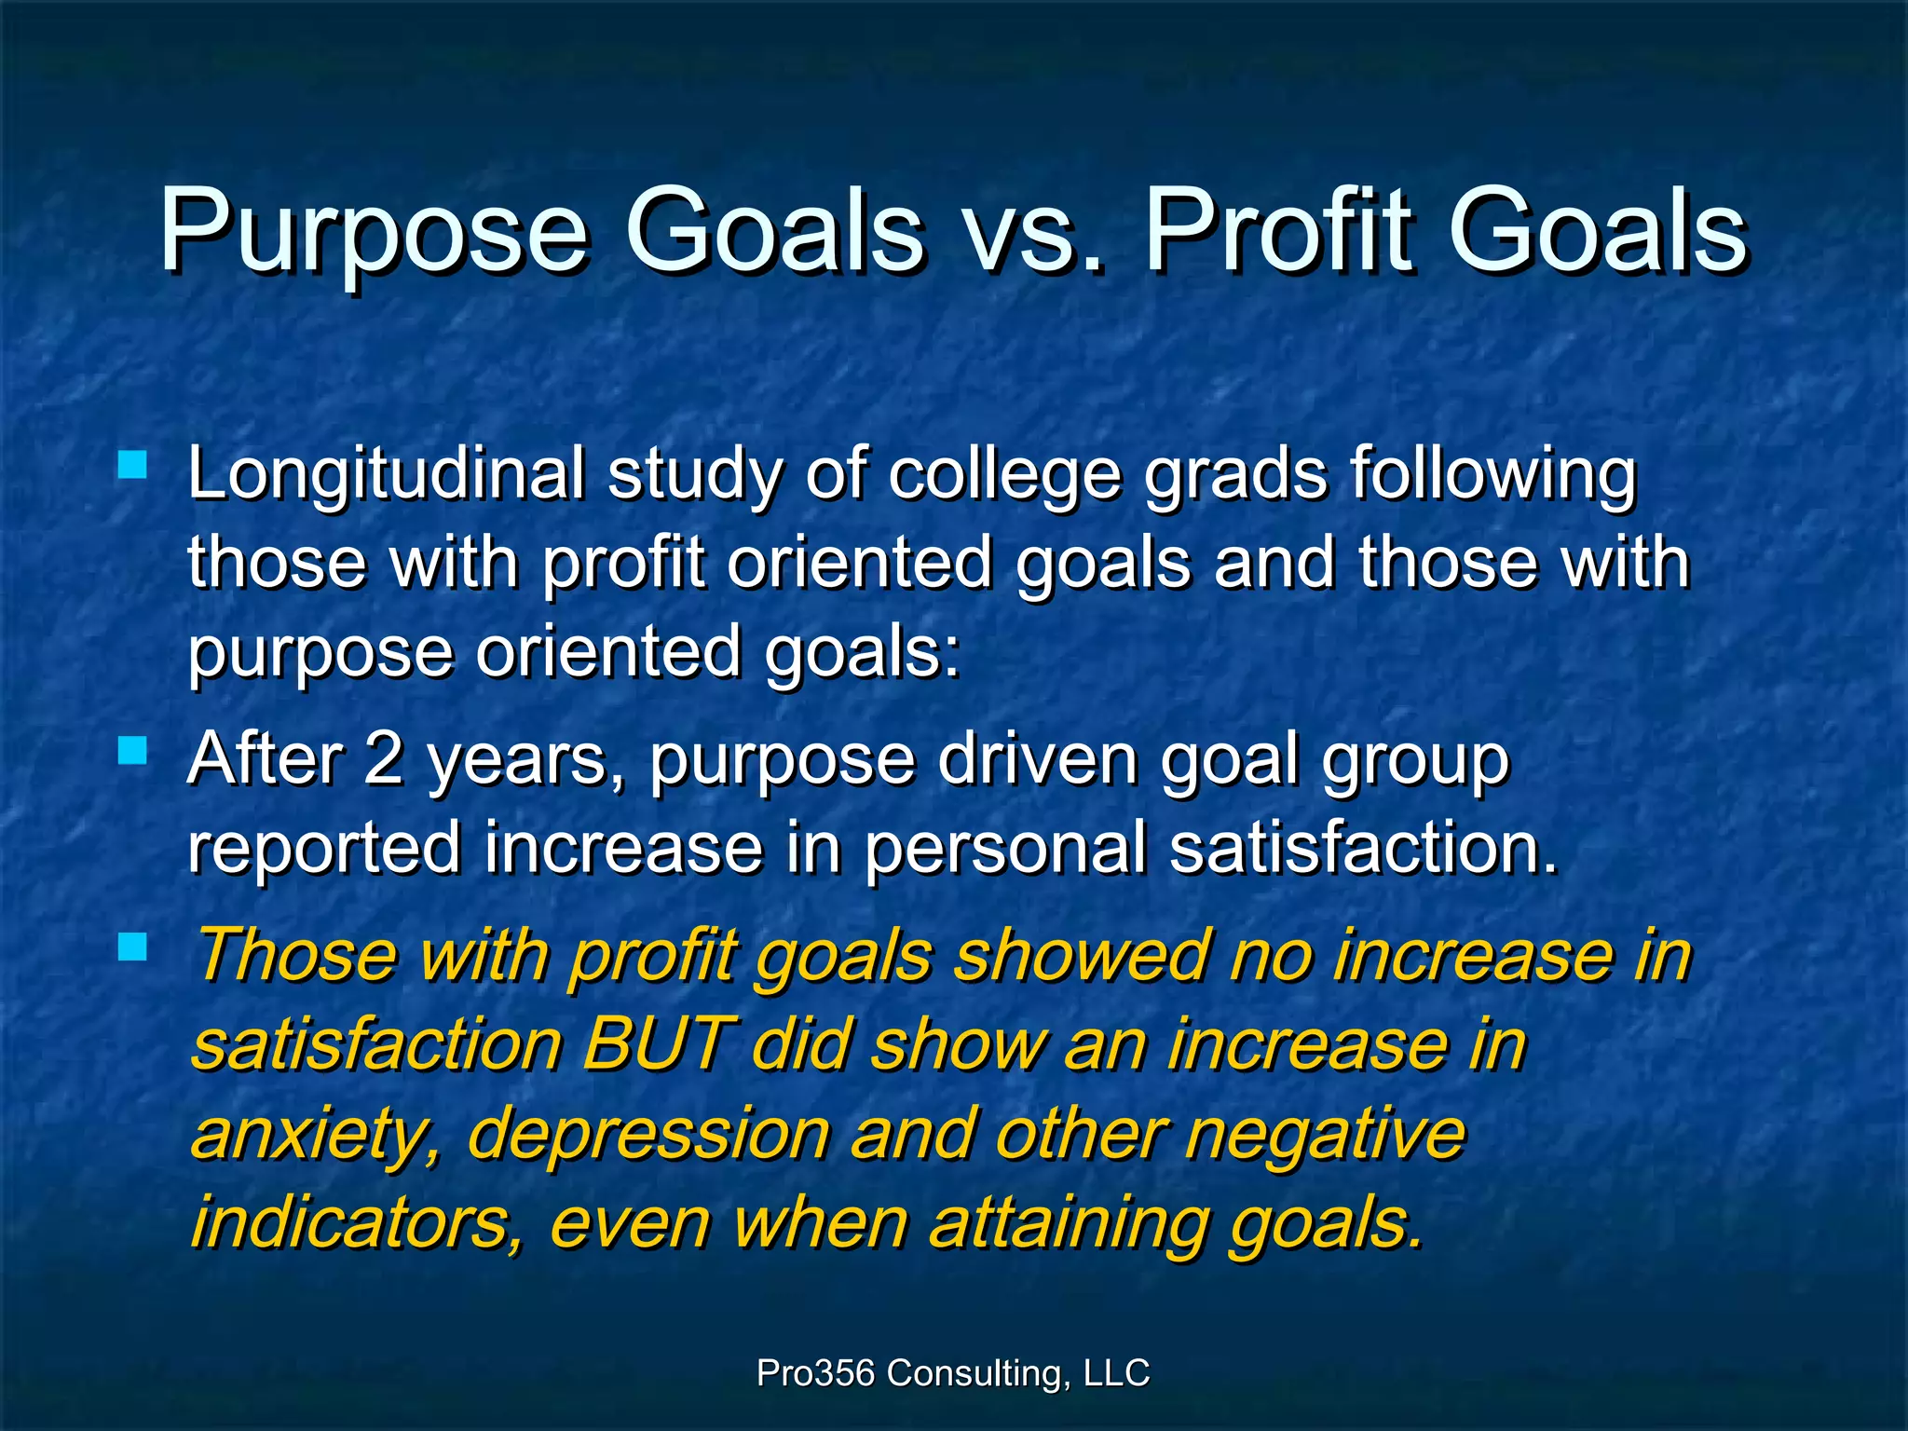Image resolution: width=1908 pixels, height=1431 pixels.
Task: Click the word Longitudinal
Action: tap(386, 476)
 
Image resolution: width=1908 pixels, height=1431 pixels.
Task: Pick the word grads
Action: tap(1234, 476)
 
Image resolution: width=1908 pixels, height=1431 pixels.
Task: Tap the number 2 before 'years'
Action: tap(384, 759)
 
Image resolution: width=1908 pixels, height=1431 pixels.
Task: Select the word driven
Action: tap(1037, 759)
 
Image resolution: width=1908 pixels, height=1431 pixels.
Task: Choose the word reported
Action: tap(324, 849)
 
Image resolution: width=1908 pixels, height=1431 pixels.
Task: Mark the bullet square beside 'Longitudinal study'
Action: tap(133, 464)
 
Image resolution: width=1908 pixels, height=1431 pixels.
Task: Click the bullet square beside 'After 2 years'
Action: tap(133, 750)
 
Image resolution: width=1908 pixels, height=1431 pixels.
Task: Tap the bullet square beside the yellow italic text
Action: tap(133, 947)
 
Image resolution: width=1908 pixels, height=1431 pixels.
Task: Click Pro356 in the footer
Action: tap(815, 1373)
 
